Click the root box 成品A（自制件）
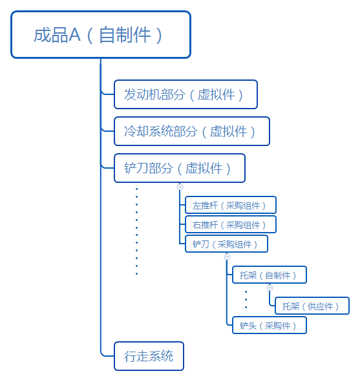(x=101, y=35)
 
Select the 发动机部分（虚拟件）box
(x=185, y=94)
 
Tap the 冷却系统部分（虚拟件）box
(x=192, y=131)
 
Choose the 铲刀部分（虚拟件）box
(x=180, y=168)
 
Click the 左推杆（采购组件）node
(x=231, y=205)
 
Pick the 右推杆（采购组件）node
(x=231, y=224)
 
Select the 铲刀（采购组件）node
(x=226, y=244)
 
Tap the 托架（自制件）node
(x=270, y=275)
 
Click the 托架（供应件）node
(x=312, y=306)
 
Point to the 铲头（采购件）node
(x=270, y=325)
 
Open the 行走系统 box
(x=149, y=356)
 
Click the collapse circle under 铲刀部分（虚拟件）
(x=180, y=187)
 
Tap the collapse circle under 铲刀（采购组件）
(x=227, y=257)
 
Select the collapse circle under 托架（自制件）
(x=270, y=288)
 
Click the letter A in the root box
(x=74, y=35)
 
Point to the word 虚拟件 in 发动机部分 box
(x=217, y=94)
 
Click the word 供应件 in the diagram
(x=320, y=306)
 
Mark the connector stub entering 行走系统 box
(x=107, y=356)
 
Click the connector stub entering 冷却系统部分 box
(x=108, y=131)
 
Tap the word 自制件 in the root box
(x=125, y=35)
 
